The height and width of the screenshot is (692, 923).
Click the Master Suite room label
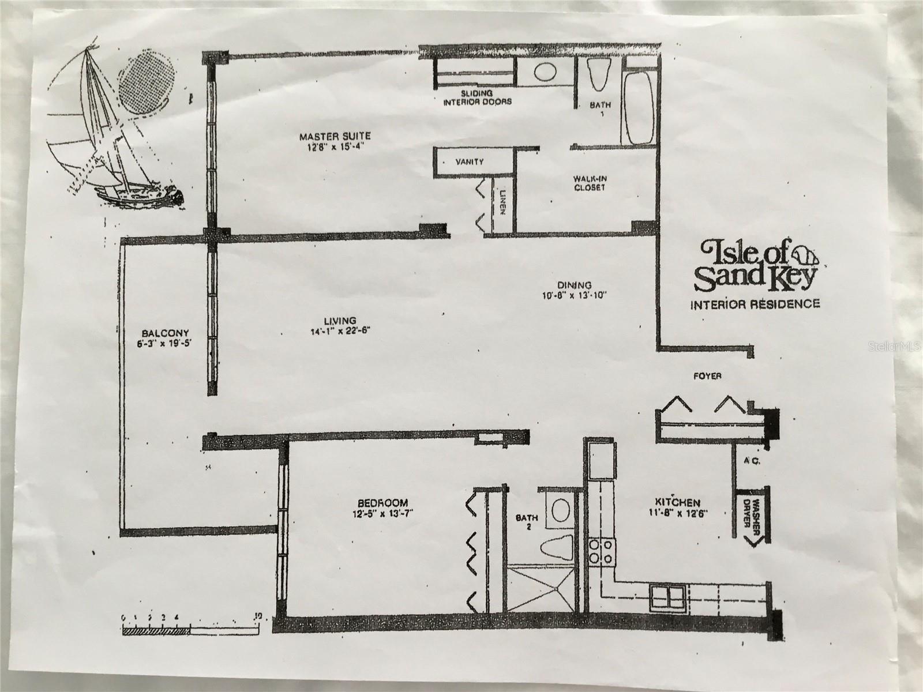(x=335, y=137)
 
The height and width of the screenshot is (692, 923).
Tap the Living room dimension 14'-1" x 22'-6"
(x=340, y=331)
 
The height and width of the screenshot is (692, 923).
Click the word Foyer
(x=707, y=376)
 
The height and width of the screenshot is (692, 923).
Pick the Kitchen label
(x=677, y=503)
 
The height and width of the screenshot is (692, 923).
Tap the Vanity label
(x=469, y=162)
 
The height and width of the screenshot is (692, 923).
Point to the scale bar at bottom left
(x=190, y=630)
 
